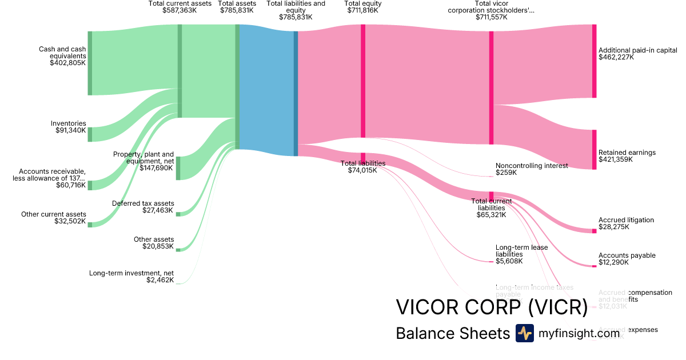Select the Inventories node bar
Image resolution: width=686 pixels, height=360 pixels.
point(90,134)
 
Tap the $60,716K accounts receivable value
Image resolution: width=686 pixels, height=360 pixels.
point(71,185)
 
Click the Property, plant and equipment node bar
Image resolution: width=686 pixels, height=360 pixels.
point(178,168)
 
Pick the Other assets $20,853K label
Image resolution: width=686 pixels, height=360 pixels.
point(154,243)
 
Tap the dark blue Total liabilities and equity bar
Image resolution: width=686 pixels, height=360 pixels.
point(296,93)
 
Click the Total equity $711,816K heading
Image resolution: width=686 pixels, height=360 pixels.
point(363,7)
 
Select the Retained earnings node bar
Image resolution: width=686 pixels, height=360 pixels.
point(594,150)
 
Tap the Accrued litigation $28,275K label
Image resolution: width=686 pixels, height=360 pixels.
point(626,223)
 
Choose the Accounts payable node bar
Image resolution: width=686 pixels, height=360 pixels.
point(594,266)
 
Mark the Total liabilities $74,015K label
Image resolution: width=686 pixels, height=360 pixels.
point(363,166)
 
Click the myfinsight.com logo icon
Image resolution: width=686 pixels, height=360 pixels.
point(524,333)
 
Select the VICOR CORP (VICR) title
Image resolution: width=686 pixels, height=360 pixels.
point(492,307)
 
